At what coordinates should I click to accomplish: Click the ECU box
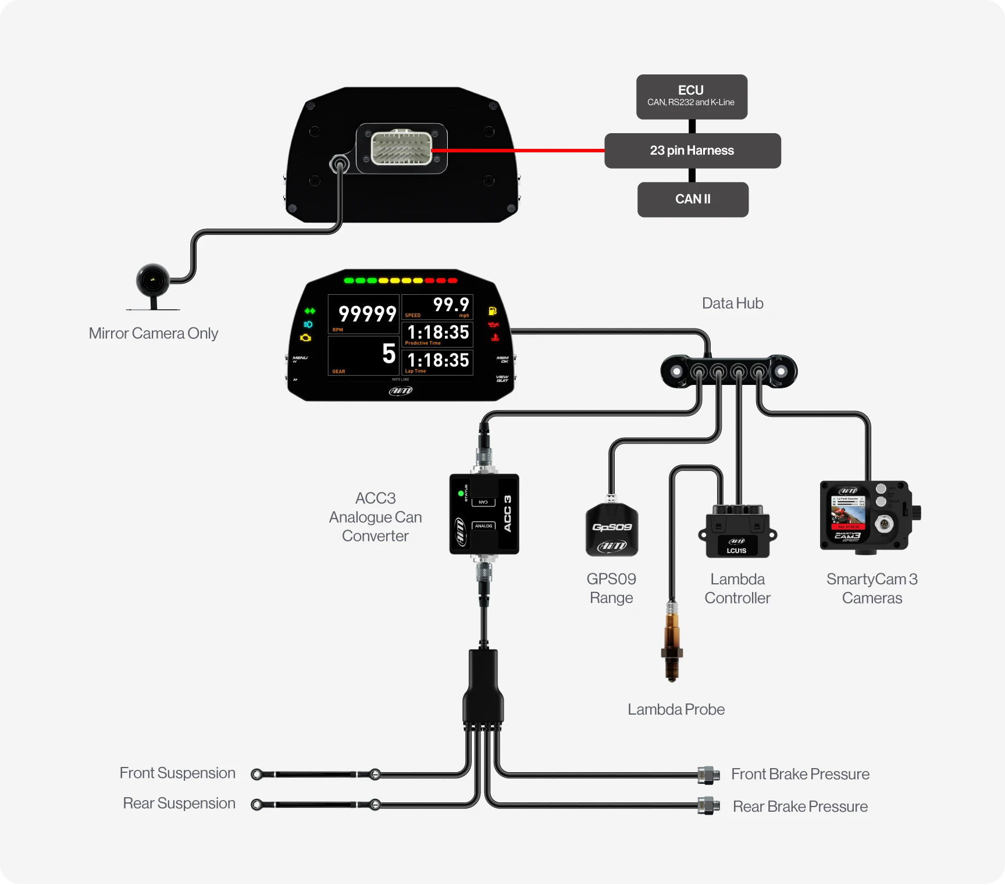692,97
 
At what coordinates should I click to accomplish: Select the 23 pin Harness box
692,151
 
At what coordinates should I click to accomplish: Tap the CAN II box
693,199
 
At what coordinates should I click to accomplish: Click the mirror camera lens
152,280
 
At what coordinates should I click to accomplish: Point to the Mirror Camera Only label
154,333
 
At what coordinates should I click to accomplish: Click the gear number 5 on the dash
389,354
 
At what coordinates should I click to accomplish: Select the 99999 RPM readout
367,314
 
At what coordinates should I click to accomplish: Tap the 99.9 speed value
451,304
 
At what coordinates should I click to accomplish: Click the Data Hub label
732,303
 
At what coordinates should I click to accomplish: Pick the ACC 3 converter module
484,514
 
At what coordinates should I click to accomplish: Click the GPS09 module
611,529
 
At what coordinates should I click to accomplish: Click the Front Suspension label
177,773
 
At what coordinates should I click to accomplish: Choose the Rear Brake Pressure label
800,807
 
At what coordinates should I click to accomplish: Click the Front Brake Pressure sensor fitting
708,774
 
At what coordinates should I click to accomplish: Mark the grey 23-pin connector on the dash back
401,148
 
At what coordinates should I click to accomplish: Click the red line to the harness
518,151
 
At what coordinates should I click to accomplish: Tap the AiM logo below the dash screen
401,391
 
